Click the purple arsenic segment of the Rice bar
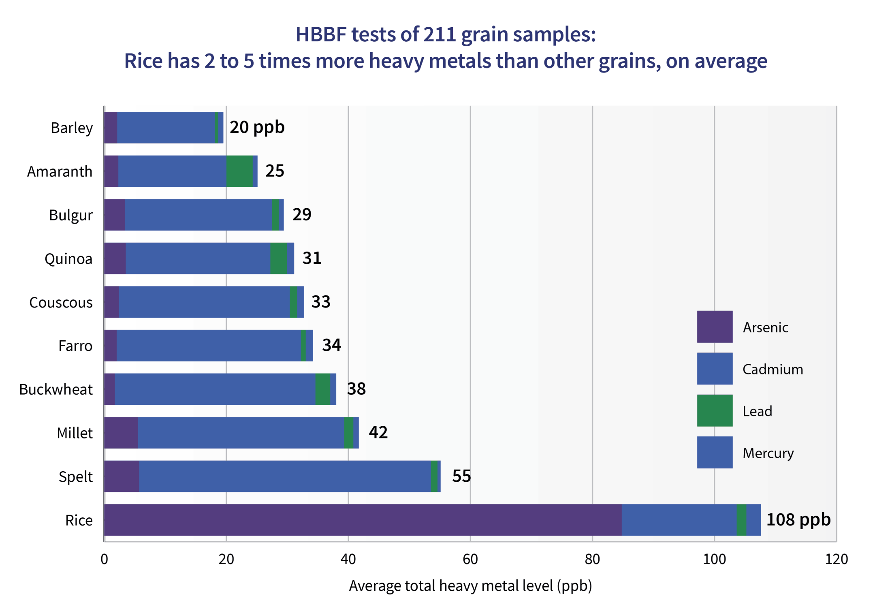(x=363, y=519)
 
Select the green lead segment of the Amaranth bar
(x=239, y=171)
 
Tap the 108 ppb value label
(x=798, y=519)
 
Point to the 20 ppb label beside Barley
(x=257, y=127)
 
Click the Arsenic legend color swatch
(x=715, y=327)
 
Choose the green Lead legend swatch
(x=715, y=410)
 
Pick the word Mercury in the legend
(x=768, y=453)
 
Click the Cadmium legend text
(x=772, y=369)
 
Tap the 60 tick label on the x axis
(x=470, y=559)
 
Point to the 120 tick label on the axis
(x=836, y=559)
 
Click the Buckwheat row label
(x=56, y=389)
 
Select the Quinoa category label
(x=68, y=258)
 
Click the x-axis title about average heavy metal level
(x=470, y=586)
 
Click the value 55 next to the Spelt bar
(x=461, y=476)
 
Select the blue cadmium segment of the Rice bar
(x=679, y=519)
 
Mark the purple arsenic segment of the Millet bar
(x=121, y=432)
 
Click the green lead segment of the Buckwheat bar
(x=322, y=389)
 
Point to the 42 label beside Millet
(x=378, y=432)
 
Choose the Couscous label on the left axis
(x=61, y=302)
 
